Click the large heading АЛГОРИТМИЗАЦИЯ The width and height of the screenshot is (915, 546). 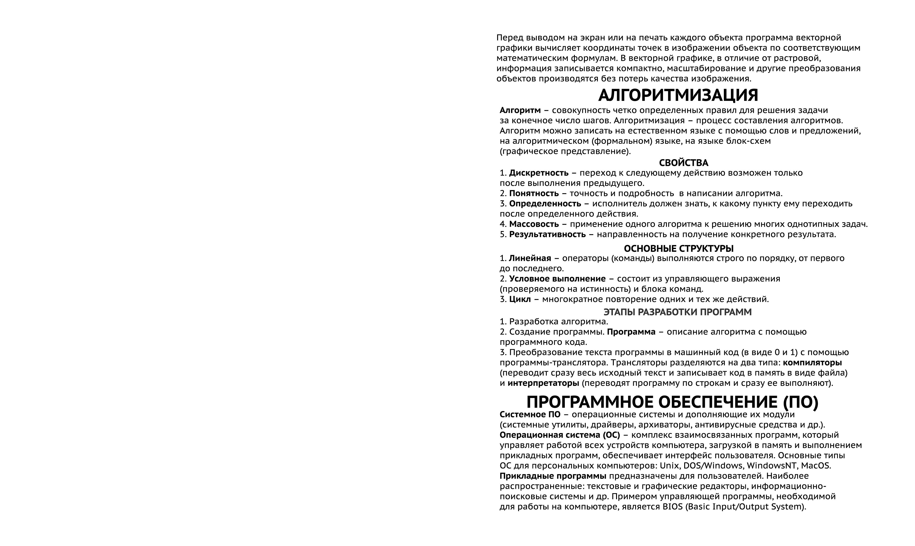point(678,96)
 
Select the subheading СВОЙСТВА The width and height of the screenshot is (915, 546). point(684,163)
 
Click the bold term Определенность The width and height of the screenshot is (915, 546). point(545,204)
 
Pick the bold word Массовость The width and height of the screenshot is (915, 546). point(534,224)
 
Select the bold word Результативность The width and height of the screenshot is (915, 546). point(547,234)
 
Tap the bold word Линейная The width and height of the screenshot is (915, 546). point(530,258)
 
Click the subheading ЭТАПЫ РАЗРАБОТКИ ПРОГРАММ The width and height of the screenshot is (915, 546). point(678,312)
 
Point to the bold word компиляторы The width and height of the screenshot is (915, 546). point(812,362)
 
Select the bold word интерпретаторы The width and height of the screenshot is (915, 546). point(543,383)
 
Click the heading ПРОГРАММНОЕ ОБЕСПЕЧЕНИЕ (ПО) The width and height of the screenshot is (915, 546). point(672,402)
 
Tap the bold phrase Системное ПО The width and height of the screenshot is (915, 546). point(530,415)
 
